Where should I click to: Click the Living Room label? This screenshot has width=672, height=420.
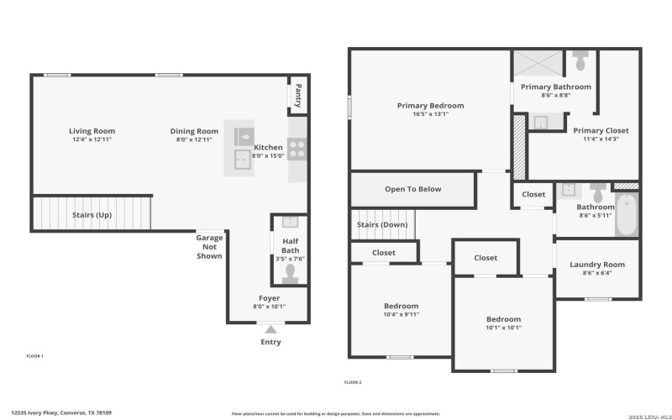(x=92, y=131)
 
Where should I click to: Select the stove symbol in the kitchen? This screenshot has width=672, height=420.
(x=297, y=150)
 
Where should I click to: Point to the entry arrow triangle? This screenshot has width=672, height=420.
(x=270, y=330)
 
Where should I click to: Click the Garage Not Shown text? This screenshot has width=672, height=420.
(x=209, y=247)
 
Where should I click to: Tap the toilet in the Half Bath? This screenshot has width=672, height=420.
(x=290, y=273)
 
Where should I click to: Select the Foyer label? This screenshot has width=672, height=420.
(x=269, y=298)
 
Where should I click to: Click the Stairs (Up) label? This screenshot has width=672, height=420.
(x=92, y=215)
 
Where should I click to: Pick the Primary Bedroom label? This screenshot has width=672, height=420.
(x=430, y=106)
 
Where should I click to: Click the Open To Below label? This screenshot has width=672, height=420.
(x=412, y=189)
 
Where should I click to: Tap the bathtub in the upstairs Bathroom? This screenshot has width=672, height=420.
(x=627, y=215)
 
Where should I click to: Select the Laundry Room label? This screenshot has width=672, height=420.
(x=597, y=265)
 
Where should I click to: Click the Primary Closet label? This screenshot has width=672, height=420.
(x=601, y=130)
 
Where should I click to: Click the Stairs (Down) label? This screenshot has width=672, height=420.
(x=382, y=224)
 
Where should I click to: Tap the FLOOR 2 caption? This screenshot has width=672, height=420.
(x=353, y=382)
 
